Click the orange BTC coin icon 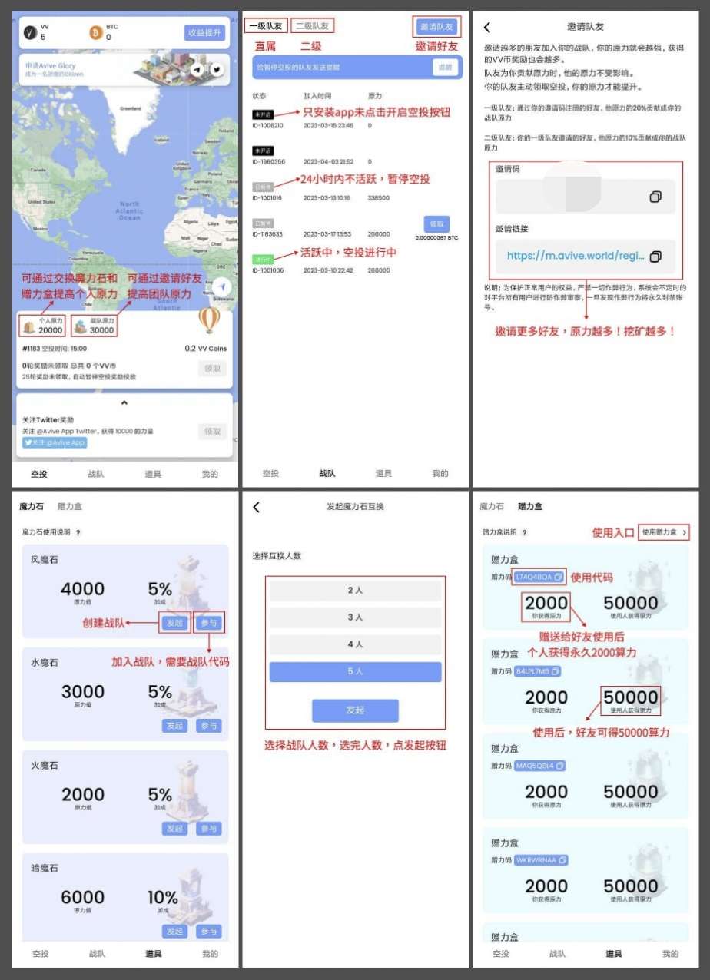click(x=96, y=32)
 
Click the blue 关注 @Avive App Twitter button click(x=55, y=443)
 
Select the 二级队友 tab click(x=314, y=26)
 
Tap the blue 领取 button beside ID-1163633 click(x=436, y=223)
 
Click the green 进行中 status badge click(x=263, y=260)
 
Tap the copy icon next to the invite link click(x=655, y=256)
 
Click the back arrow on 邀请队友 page click(x=486, y=27)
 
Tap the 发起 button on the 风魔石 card click(x=174, y=623)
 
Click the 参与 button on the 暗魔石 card click(x=208, y=931)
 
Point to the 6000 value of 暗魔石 click(x=83, y=897)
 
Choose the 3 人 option click(x=355, y=617)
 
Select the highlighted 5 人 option click(x=355, y=671)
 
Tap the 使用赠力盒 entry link click(x=664, y=532)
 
